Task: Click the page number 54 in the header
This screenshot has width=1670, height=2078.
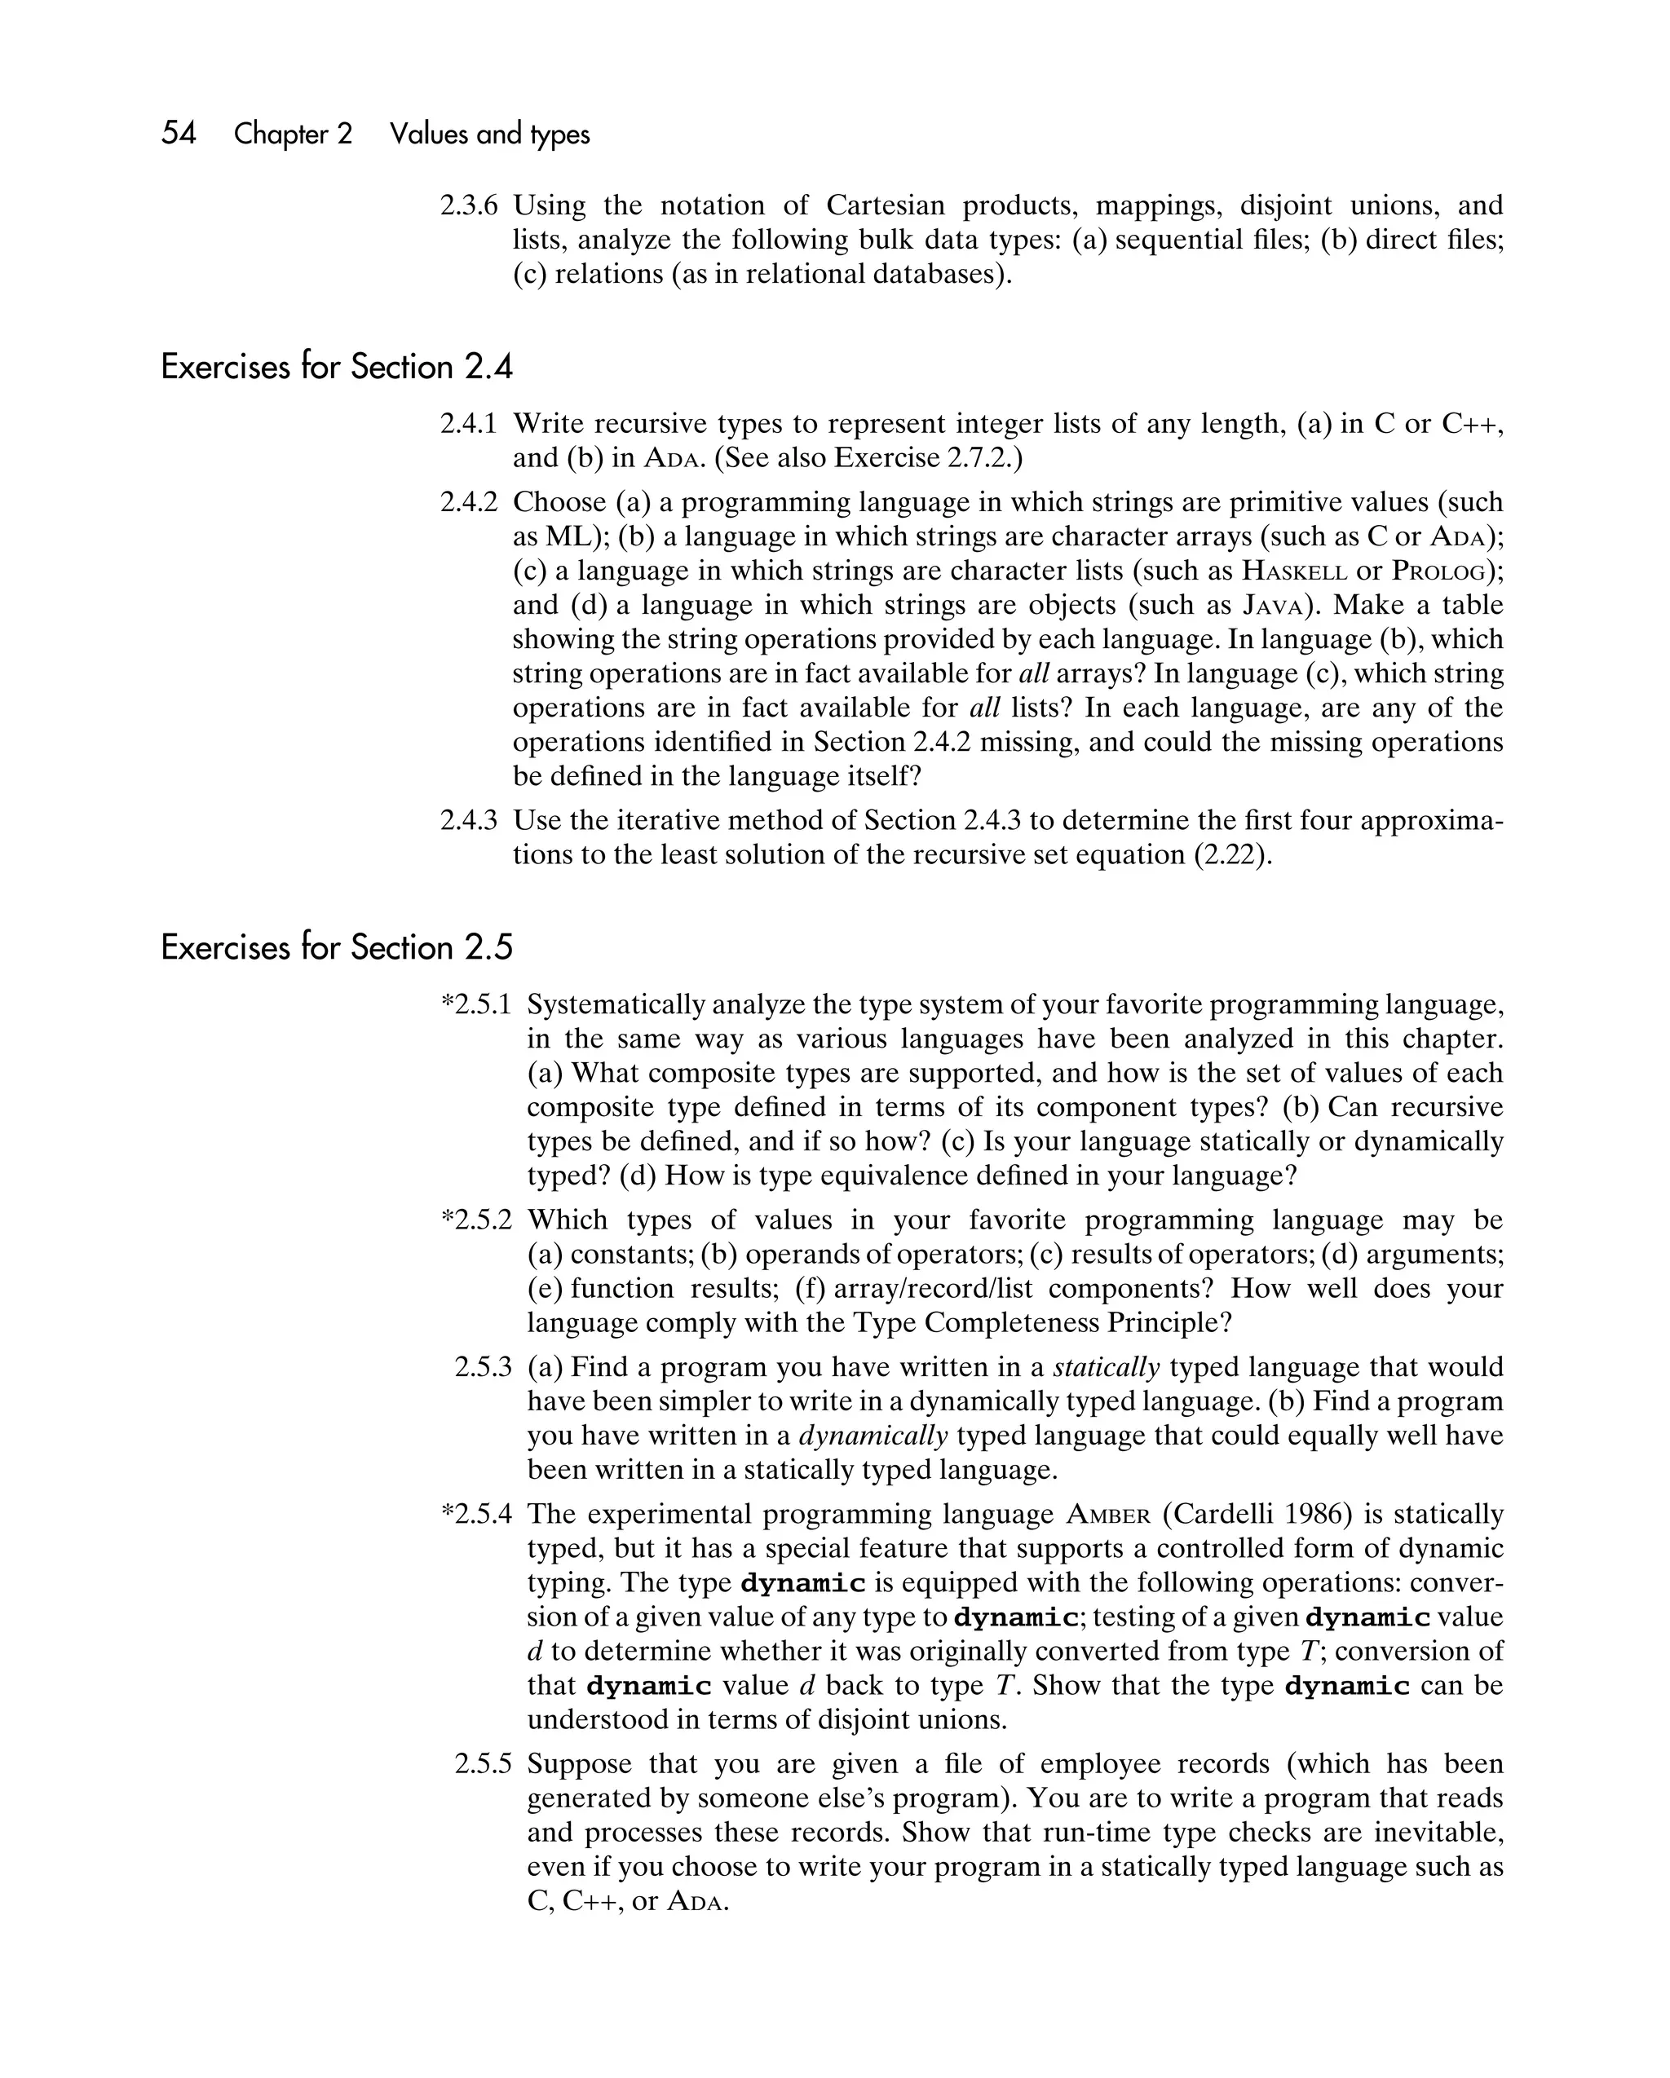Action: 179,133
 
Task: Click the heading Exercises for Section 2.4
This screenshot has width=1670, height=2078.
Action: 337,367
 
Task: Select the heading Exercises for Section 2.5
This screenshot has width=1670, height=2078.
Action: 337,948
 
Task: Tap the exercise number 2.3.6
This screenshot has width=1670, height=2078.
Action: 470,205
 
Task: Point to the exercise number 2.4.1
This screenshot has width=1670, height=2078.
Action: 470,424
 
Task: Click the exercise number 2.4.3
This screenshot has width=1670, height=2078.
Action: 470,821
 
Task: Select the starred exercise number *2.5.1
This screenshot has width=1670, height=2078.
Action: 476,1005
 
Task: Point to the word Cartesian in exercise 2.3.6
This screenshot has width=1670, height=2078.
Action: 885,205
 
